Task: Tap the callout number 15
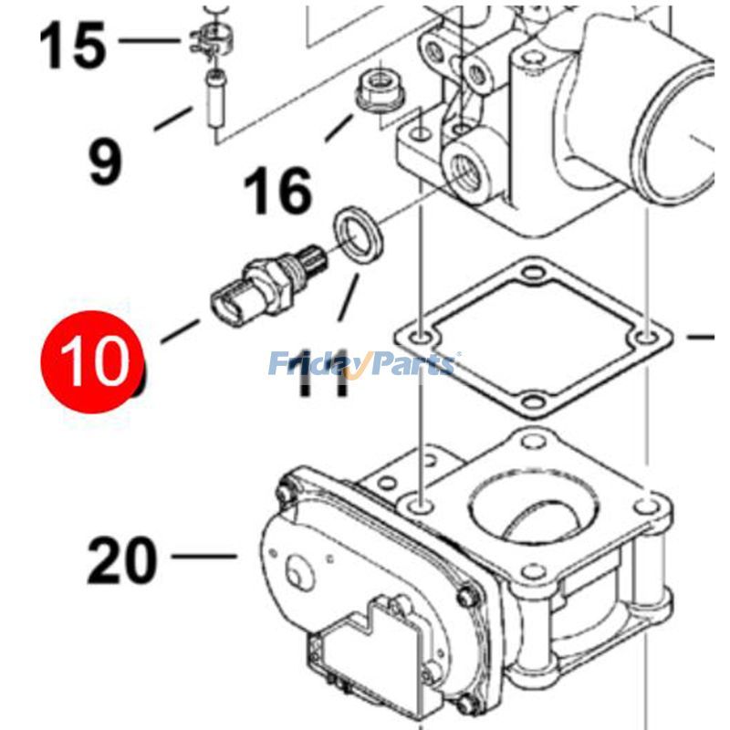point(72,47)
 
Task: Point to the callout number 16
point(276,193)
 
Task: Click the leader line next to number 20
point(202,555)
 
